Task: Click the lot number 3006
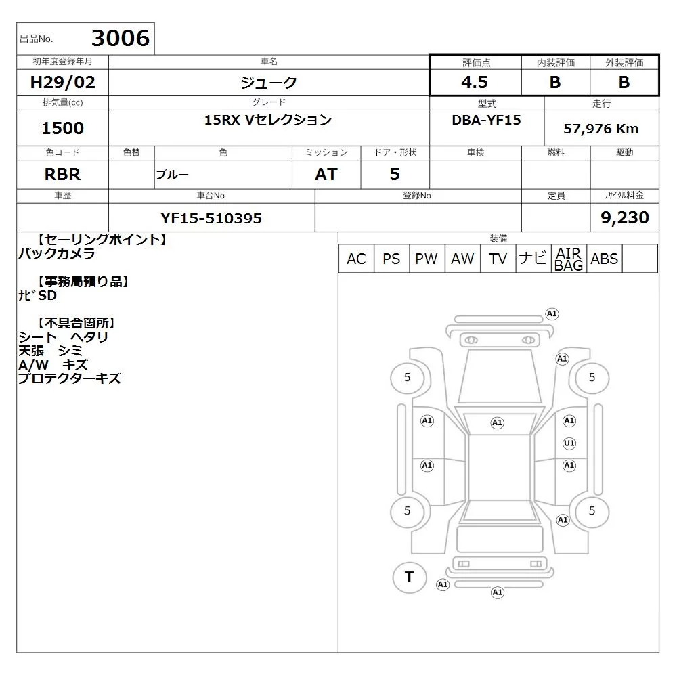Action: tap(121, 38)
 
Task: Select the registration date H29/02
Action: tap(62, 82)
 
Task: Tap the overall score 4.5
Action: tap(475, 82)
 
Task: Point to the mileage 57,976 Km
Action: tap(600, 129)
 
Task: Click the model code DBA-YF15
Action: tap(486, 120)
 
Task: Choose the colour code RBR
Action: tap(62, 175)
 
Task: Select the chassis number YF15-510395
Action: tap(211, 218)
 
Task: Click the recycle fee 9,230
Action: tap(625, 217)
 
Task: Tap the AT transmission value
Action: tap(326, 175)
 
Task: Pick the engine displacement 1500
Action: tap(62, 128)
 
